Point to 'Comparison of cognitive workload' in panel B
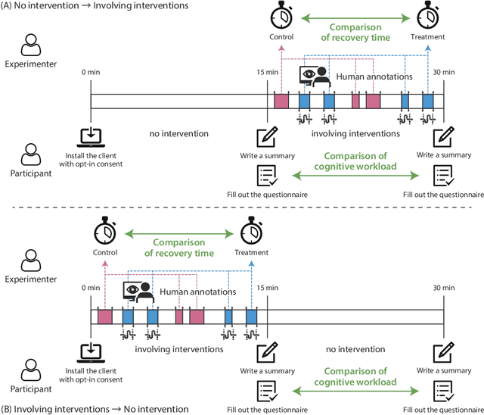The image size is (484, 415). point(355,377)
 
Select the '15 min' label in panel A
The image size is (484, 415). point(268,72)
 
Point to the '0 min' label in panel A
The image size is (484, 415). point(91,72)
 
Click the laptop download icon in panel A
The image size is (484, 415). point(91,137)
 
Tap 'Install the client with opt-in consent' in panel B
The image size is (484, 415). point(91,372)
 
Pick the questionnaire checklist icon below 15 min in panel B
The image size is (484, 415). point(268,390)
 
